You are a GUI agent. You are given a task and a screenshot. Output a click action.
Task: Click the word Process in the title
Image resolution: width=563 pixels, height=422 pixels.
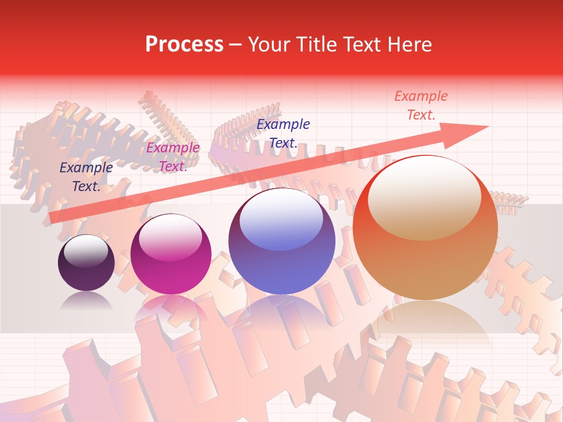[184, 45]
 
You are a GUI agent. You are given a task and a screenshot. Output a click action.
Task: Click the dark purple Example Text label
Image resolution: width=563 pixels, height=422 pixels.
[86, 177]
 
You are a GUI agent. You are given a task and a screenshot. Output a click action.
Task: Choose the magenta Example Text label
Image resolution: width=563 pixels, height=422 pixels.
[173, 157]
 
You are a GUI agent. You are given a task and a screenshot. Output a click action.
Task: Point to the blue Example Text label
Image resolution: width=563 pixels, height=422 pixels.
[283, 133]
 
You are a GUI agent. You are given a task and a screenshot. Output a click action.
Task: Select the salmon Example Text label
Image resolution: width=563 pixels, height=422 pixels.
[421, 105]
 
